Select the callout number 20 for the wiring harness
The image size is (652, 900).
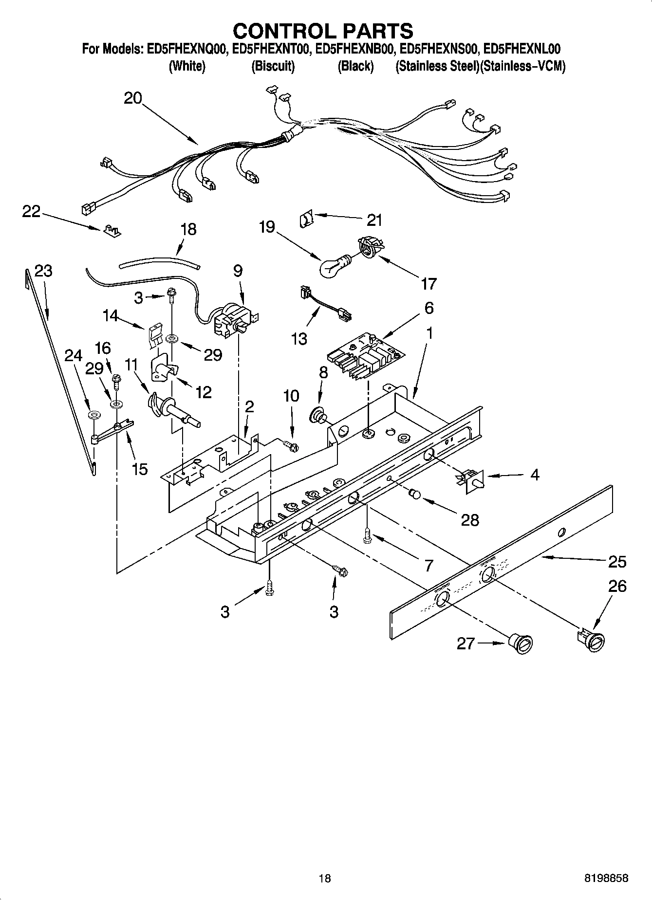132,98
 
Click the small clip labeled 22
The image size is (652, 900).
112,230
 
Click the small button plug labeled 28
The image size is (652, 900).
415,494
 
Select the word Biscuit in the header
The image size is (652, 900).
273,66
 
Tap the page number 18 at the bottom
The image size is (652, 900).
324,878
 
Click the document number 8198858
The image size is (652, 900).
606,878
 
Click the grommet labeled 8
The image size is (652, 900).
318,415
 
